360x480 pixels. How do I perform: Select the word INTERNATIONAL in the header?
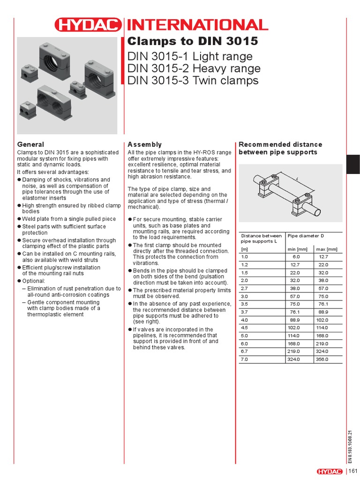point(196,25)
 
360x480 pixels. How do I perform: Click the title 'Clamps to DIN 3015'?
point(193,41)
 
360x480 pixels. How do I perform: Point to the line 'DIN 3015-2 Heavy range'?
point(194,68)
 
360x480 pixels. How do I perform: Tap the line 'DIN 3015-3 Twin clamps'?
point(193,81)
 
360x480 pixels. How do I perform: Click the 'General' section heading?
point(30,144)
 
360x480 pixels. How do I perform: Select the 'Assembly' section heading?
point(144,144)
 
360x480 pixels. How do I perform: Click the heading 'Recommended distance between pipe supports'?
point(280,148)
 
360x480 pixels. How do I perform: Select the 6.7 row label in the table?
point(244,351)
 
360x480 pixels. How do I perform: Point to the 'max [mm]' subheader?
point(327,249)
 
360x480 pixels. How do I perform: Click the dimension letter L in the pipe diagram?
point(297,179)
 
